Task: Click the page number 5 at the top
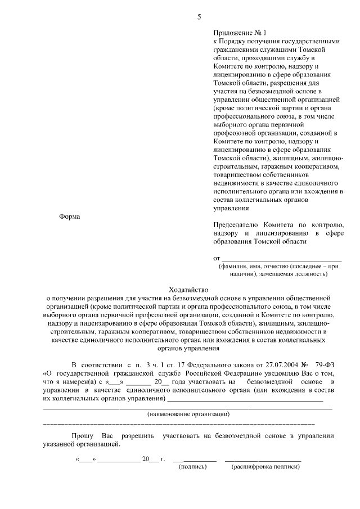point(199,16)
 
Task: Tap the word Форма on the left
point(70,217)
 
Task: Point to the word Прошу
point(83,436)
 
